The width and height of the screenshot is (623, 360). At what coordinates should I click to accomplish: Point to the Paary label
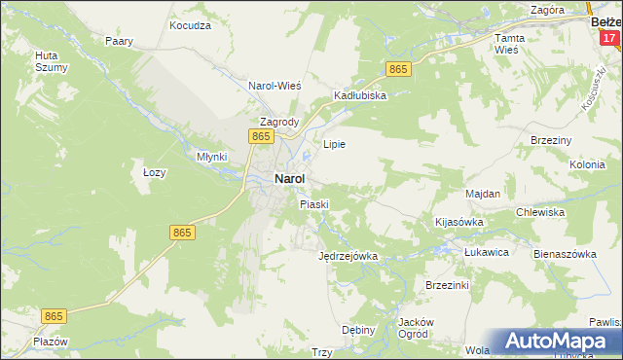pos(119,42)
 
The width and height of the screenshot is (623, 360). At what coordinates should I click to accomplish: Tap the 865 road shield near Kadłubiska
pos(398,69)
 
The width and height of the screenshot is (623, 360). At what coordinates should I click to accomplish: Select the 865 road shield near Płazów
pos(55,316)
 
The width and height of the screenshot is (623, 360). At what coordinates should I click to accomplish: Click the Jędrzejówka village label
pos(348,257)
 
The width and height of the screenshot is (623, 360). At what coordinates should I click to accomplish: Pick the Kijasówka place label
pos(458,222)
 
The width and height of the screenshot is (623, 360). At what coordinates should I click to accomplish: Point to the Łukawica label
pos(487,252)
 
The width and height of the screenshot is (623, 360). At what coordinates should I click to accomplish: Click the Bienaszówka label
pos(564,253)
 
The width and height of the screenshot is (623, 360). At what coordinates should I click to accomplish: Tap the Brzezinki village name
pos(448,285)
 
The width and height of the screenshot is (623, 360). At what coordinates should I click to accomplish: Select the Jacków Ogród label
pos(416,328)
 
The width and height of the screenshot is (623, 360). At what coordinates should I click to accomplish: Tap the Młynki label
pos(211,157)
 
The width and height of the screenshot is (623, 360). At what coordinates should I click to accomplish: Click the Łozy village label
pos(155,172)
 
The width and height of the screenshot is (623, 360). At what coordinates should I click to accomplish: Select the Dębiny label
pos(359,330)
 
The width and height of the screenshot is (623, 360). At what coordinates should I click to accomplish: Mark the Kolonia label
pos(587,164)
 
